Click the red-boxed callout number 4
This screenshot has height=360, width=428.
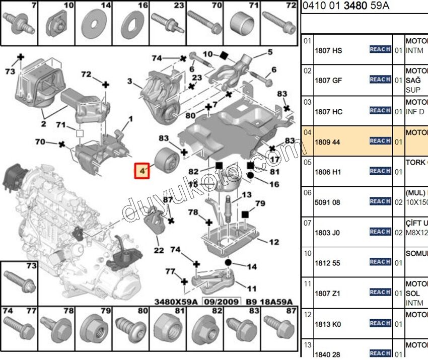(142, 171)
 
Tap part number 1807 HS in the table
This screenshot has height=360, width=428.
(328, 51)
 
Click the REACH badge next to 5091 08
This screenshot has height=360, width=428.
(380, 201)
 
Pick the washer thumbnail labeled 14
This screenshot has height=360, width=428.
(93, 24)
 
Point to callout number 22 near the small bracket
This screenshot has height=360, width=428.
(159, 250)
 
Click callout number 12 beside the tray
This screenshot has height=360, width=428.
(274, 242)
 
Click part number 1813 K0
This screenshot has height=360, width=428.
(328, 324)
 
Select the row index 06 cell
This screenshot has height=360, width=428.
(307, 193)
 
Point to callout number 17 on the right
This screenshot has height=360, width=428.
(274, 160)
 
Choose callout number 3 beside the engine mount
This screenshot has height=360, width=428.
(129, 81)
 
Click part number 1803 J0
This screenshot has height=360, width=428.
(327, 233)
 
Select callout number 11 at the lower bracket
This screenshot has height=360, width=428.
(252, 289)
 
